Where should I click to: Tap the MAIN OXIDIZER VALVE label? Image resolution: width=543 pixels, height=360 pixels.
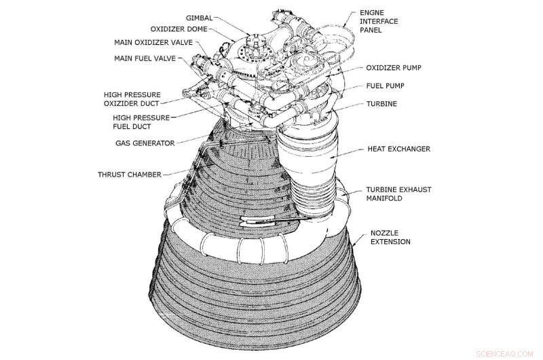(x=153, y=42)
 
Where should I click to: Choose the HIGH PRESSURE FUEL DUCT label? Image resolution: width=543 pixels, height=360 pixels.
(x=142, y=122)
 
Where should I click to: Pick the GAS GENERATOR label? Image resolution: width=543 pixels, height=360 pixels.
(x=144, y=143)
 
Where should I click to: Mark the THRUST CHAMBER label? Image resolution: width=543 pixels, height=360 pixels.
(x=129, y=175)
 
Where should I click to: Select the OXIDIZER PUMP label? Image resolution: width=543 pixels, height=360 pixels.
(x=396, y=68)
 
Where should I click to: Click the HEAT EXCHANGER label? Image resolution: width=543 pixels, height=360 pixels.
(x=399, y=148)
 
